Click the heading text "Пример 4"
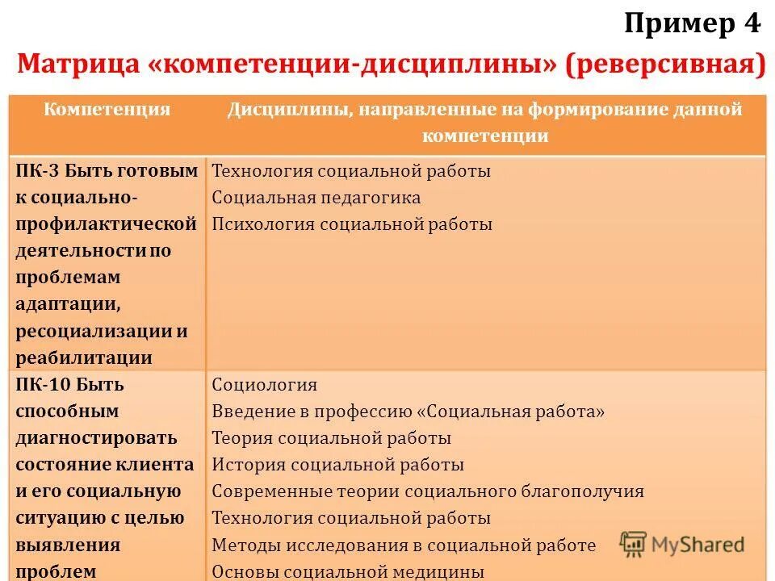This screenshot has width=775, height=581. point(692,24)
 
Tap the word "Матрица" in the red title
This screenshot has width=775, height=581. point(77,63)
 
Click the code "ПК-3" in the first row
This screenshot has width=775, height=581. point(37,171)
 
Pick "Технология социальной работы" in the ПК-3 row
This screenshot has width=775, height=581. point(351,171)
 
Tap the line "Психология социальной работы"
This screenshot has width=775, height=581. point(352,224)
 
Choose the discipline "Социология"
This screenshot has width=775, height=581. point(265,385)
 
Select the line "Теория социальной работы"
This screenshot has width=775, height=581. point(332,438)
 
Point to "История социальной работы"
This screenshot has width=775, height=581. point(338,465)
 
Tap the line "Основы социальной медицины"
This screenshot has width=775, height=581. point(348,572)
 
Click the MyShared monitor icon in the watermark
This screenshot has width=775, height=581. point(634,545)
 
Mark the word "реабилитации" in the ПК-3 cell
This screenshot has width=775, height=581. point(84,358)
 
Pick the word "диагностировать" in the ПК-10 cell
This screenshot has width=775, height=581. point(96,438)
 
